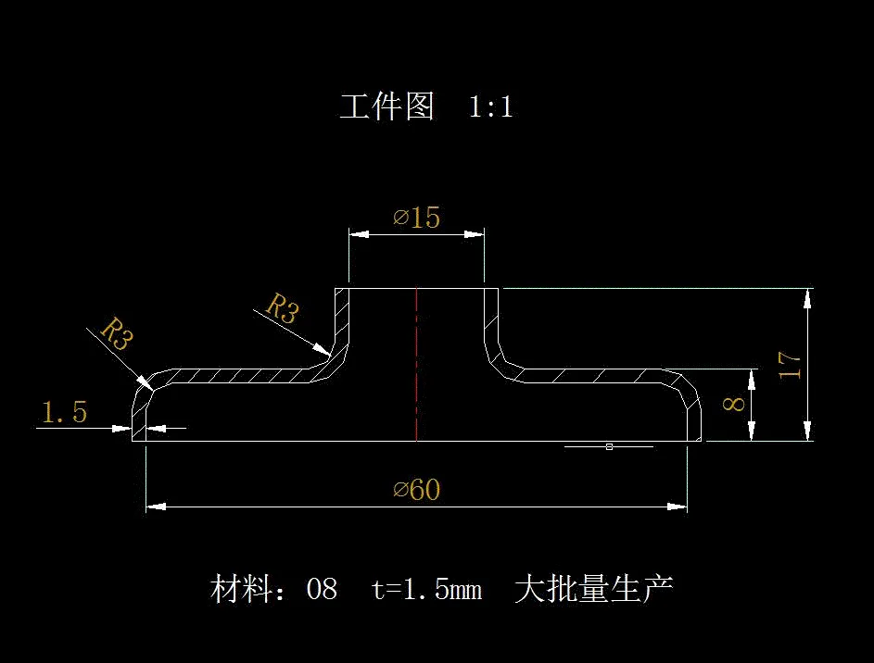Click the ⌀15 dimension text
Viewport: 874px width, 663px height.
[416, 218]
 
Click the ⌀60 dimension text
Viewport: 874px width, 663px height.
[416, 489]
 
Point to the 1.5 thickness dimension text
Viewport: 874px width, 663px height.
[63, 413]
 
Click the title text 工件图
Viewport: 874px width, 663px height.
[386, 106]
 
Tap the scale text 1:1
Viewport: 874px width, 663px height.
[491, 107]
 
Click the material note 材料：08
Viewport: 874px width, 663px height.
[274, 589]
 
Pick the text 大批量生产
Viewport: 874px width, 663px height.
[593, 589]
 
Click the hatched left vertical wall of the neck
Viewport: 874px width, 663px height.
[341, 319]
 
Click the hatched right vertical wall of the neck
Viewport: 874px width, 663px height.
[492, 319]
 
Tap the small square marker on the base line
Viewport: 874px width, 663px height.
[609, 446]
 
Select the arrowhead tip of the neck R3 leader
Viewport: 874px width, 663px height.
[327, 352]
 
